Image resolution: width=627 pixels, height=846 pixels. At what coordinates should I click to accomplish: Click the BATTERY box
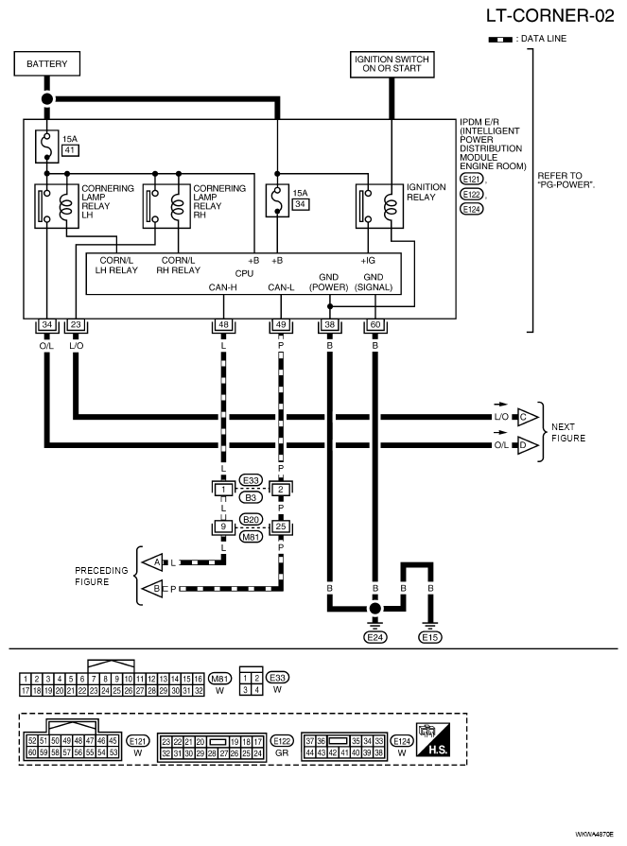pos(47,63)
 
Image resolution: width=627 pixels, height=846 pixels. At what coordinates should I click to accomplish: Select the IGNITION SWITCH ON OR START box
pos(392,64)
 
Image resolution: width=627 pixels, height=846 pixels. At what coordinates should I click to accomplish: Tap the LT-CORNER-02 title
pos(549,16)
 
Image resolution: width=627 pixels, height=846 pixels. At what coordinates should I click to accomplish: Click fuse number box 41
pos(70,150)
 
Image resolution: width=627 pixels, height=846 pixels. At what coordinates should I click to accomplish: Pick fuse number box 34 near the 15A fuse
pos(301,204)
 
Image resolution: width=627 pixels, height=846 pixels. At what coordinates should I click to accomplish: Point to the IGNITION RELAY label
pos(427,192)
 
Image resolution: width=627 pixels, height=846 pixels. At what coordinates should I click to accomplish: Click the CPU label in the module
pos(244,273)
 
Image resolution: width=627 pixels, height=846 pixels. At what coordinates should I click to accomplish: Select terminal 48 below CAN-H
pos(223,325)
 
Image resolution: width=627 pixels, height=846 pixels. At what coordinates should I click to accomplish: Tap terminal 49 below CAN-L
pos(281,325)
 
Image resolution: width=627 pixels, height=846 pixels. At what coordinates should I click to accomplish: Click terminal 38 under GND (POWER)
pos(330,325)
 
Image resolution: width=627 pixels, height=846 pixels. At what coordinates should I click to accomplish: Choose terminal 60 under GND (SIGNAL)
pos(375,325)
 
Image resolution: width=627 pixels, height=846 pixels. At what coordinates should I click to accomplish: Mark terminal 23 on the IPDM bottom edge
pos(76,325)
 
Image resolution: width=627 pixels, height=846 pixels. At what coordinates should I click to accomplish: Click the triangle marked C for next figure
pos(527,417)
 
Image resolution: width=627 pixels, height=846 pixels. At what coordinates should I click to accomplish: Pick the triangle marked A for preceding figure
pos(152,562)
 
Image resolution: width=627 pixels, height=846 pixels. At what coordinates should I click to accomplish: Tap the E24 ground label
pos(375,637)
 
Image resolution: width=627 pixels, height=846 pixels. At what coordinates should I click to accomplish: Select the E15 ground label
pos(430,637)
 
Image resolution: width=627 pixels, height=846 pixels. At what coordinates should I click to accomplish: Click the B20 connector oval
pos(251,519)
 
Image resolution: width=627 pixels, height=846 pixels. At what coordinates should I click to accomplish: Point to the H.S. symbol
pos(433,740)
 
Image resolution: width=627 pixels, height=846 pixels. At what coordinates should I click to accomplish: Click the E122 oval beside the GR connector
pos(282,741)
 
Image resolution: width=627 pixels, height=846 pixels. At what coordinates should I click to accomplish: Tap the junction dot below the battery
pos(47,98)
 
